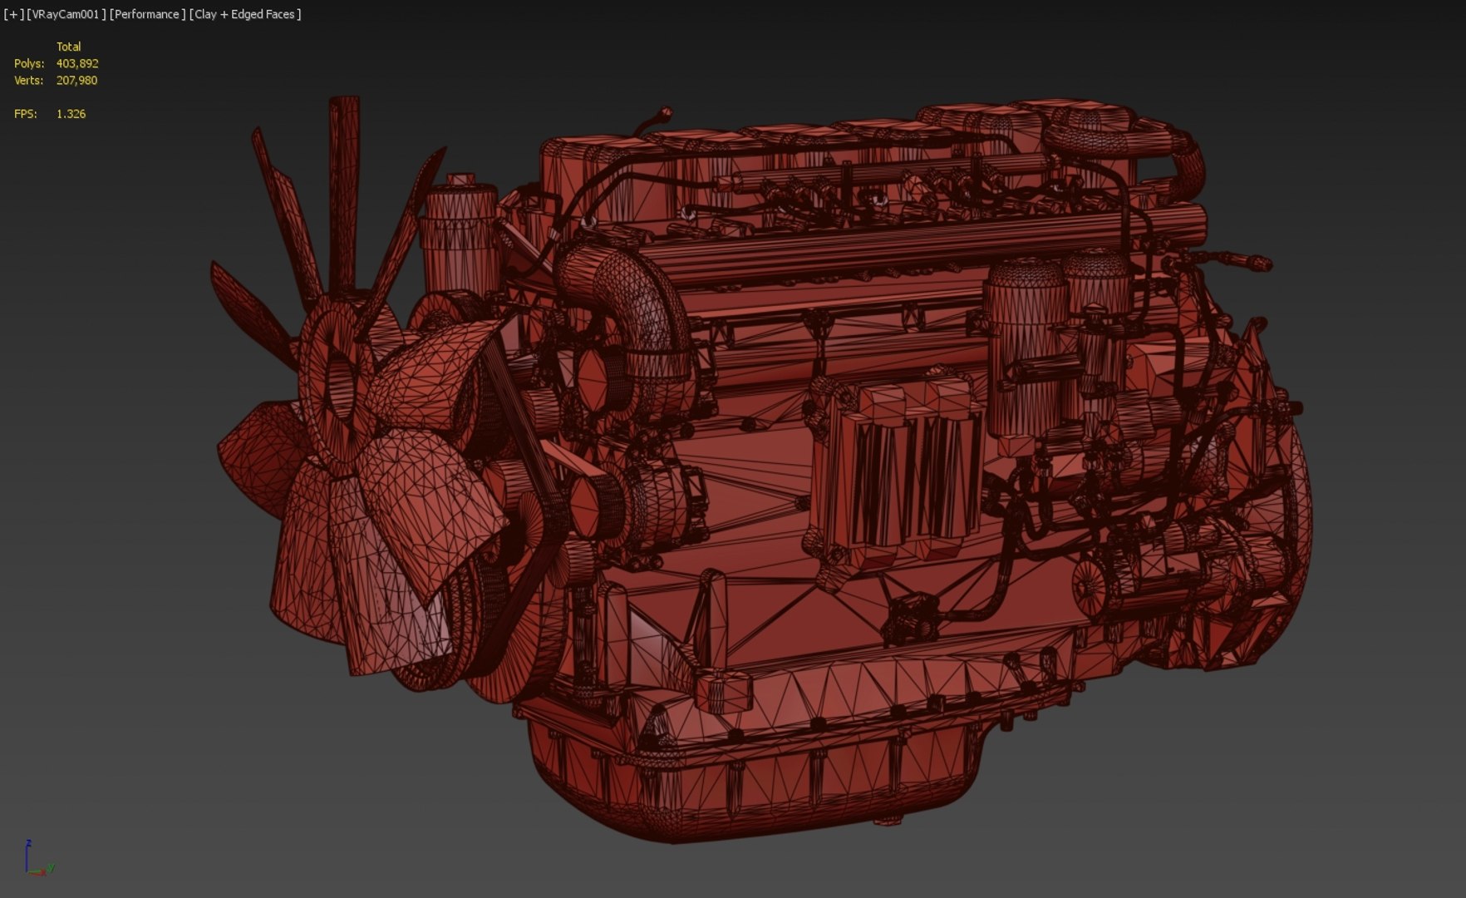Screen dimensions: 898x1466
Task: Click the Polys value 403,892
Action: point(77,63)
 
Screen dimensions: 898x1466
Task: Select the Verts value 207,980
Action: point(76,81)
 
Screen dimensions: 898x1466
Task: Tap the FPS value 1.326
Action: point(71,114)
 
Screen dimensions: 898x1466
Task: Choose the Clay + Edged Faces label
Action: point(245,14)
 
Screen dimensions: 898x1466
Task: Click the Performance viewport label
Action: point(147,14)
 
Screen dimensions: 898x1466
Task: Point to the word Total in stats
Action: point(68,47)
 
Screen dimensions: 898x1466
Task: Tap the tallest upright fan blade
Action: point(343,191)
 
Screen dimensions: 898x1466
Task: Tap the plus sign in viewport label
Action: point(12,14)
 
